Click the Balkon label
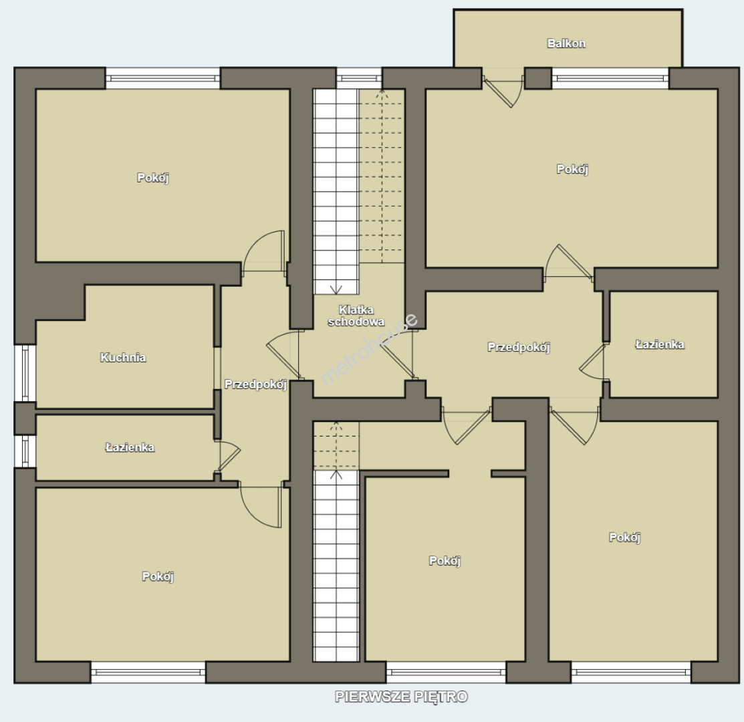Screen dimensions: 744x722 pyautogui.click(x=566, y=43)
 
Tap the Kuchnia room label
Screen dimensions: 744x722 pyautogui.click(x=123, y=357)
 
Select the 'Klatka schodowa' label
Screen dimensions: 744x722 pyautogui.click(x=356, y=316)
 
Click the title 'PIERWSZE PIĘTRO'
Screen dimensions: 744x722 pyautogui.click(x=402, y=697)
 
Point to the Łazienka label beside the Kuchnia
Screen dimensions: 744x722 pyautogui.click(x=130, y=447)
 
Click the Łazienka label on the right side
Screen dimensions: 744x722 pyautogui.click(x=660, y=344)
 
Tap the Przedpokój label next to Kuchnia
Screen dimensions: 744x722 pyautogui.click(x=255, y=384)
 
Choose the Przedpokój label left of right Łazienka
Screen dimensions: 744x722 pyautogui.click(x=519, y=347)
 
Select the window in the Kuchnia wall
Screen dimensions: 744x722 pyautogui.click(x=25, y=373)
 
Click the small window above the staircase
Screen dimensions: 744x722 pyautogui.click(x=359, y=78)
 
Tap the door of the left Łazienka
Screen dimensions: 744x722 pyautogui.click(x=228, y=456)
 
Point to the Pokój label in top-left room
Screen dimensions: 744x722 pyautogui.click(x=153, y=177)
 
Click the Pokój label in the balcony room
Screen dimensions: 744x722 pyautogui.click(x=572, y=169)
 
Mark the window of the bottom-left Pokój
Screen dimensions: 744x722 pyautogui.click(x=148, y=672)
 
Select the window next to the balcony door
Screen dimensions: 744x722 pyautogui.click(x=610, y=78)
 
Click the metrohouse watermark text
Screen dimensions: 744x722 pyautogui.click(x=369, y=349)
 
